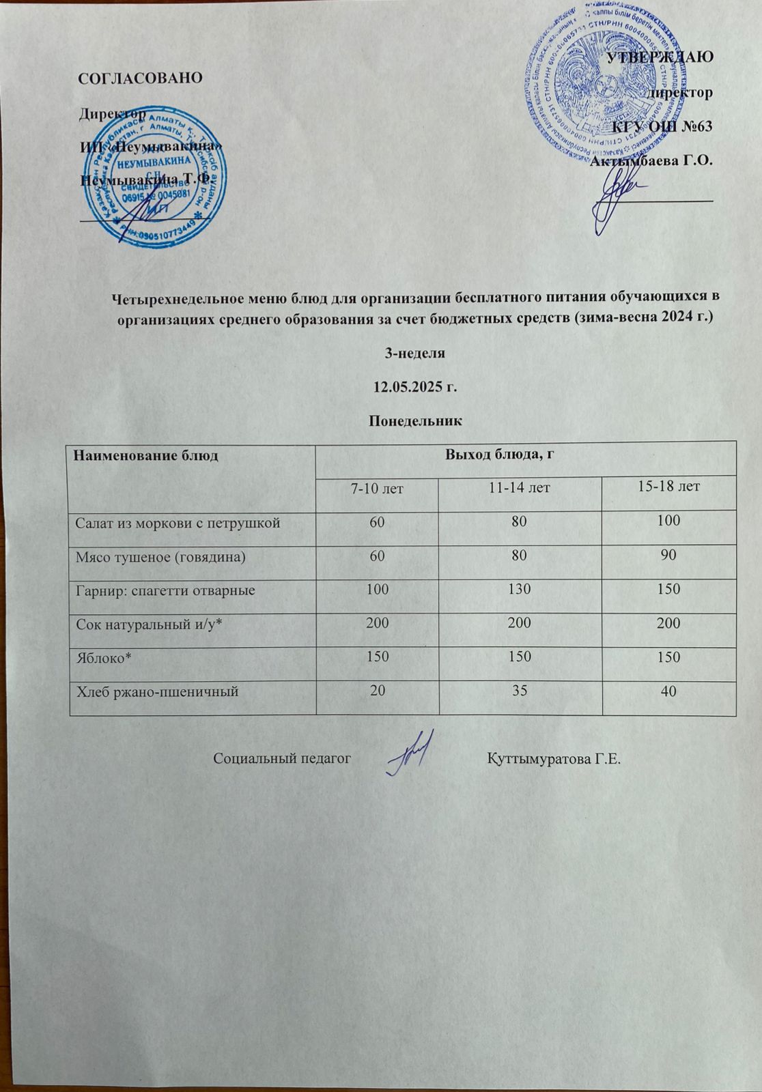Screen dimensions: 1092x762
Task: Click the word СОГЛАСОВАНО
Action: (x=141, y=77)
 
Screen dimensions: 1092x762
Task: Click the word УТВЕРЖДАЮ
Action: (x=660, y=57)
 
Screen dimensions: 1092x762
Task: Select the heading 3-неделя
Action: (x=415, y=354)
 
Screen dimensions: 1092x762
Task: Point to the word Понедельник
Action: (x=415, y=422)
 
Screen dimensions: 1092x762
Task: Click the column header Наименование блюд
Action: (x=146, y=456)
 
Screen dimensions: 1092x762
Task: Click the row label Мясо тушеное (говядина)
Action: (x=160, y=556)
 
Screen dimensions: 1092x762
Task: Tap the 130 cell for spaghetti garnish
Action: (x=520, y=588)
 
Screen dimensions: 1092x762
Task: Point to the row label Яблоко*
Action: (x=98, y=657)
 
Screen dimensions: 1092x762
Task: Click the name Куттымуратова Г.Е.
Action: (x=554, y=760)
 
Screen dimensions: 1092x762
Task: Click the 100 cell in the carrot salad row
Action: (x=668, y=521)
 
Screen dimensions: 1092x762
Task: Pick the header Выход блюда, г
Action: (x=498, y=455)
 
